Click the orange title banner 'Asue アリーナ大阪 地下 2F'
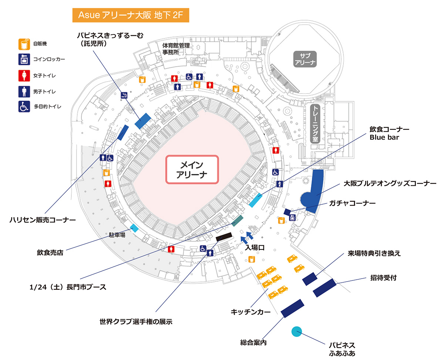pyautogui.click(x=131, y=16)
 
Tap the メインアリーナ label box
pyautogui.click(x=192, y=169)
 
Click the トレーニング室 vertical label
pyautogui.click(x=316, y=124)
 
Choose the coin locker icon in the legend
pyautogui.click(x=24, y=59)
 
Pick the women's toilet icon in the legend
pyautogui.click(x=24, y=75)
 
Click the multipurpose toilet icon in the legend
pyautogui.click(x=24, y=107)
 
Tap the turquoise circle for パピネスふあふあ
pyautogui.click(x=296, y=332)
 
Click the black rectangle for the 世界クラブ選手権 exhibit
pyautogui.click(x=223, y=237)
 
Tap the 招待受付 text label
pyautogui.click(x=383, y=278)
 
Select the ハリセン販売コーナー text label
pyautogui.click(x=43, y=220)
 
